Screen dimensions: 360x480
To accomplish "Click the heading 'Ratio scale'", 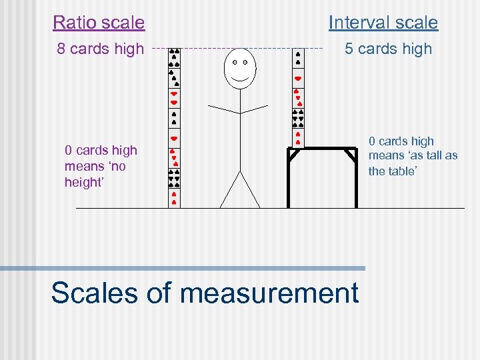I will point(99,23).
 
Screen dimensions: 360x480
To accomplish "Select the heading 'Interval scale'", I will point(383,23).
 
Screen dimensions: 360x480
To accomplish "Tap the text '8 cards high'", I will point(100,49).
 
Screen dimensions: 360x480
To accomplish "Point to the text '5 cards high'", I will point(388,49).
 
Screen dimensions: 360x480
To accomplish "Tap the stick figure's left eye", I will point(234,62).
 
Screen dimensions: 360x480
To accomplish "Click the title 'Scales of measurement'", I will point(205,293).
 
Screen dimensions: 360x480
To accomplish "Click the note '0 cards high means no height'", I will point(100,166).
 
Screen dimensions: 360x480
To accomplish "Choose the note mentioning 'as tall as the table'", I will point(413,156).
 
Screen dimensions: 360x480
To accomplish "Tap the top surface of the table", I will point(322,148).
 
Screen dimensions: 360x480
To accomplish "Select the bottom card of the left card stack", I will point(174,198).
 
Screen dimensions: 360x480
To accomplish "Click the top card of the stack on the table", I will point(298,58).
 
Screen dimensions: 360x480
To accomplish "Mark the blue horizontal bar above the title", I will point(183,268).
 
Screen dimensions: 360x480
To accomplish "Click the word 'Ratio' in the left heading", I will point(73,23).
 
